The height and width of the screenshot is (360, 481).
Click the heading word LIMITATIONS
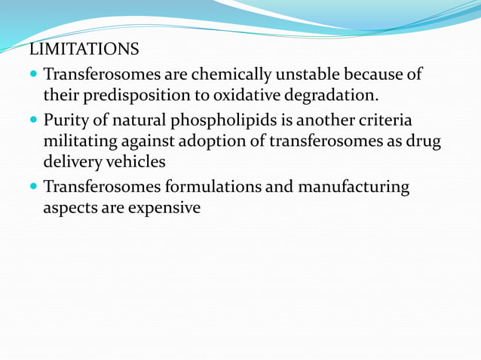click(84, 50)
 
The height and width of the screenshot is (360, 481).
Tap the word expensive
click(161, 208)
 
